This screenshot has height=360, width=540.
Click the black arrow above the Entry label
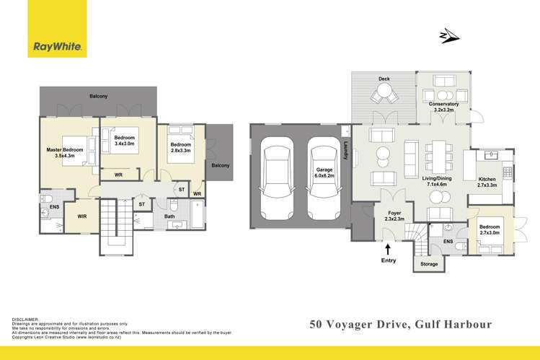pos(389,250)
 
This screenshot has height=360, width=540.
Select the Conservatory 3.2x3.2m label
pos(443,107)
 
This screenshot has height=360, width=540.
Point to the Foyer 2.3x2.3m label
pos(394,215)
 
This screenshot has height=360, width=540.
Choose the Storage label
pos(429,265)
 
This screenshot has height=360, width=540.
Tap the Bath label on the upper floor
pos(169,216)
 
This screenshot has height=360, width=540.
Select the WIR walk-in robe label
pos(81,214)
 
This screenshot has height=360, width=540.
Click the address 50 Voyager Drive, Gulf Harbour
pos(401,324)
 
